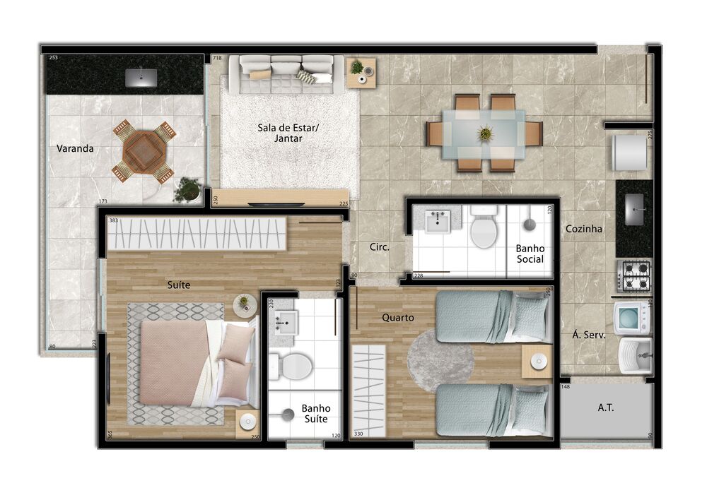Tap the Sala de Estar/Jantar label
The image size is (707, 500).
[288, 133]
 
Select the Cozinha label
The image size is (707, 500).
[583, 229]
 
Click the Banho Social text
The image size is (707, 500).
[530, 254]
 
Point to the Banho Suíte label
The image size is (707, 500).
[315, 413]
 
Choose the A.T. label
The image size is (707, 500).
[605, 407]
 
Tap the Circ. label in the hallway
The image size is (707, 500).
[380, 247]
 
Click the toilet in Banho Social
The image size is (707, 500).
[484, 230]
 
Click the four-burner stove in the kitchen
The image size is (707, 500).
[634, 276]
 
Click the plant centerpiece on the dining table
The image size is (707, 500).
[485, 133]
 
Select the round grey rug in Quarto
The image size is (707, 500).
[440, 359]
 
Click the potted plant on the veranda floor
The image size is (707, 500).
[187, 189]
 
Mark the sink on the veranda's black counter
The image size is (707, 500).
[141, 78]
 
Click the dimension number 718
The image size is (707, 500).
[217, 58]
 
